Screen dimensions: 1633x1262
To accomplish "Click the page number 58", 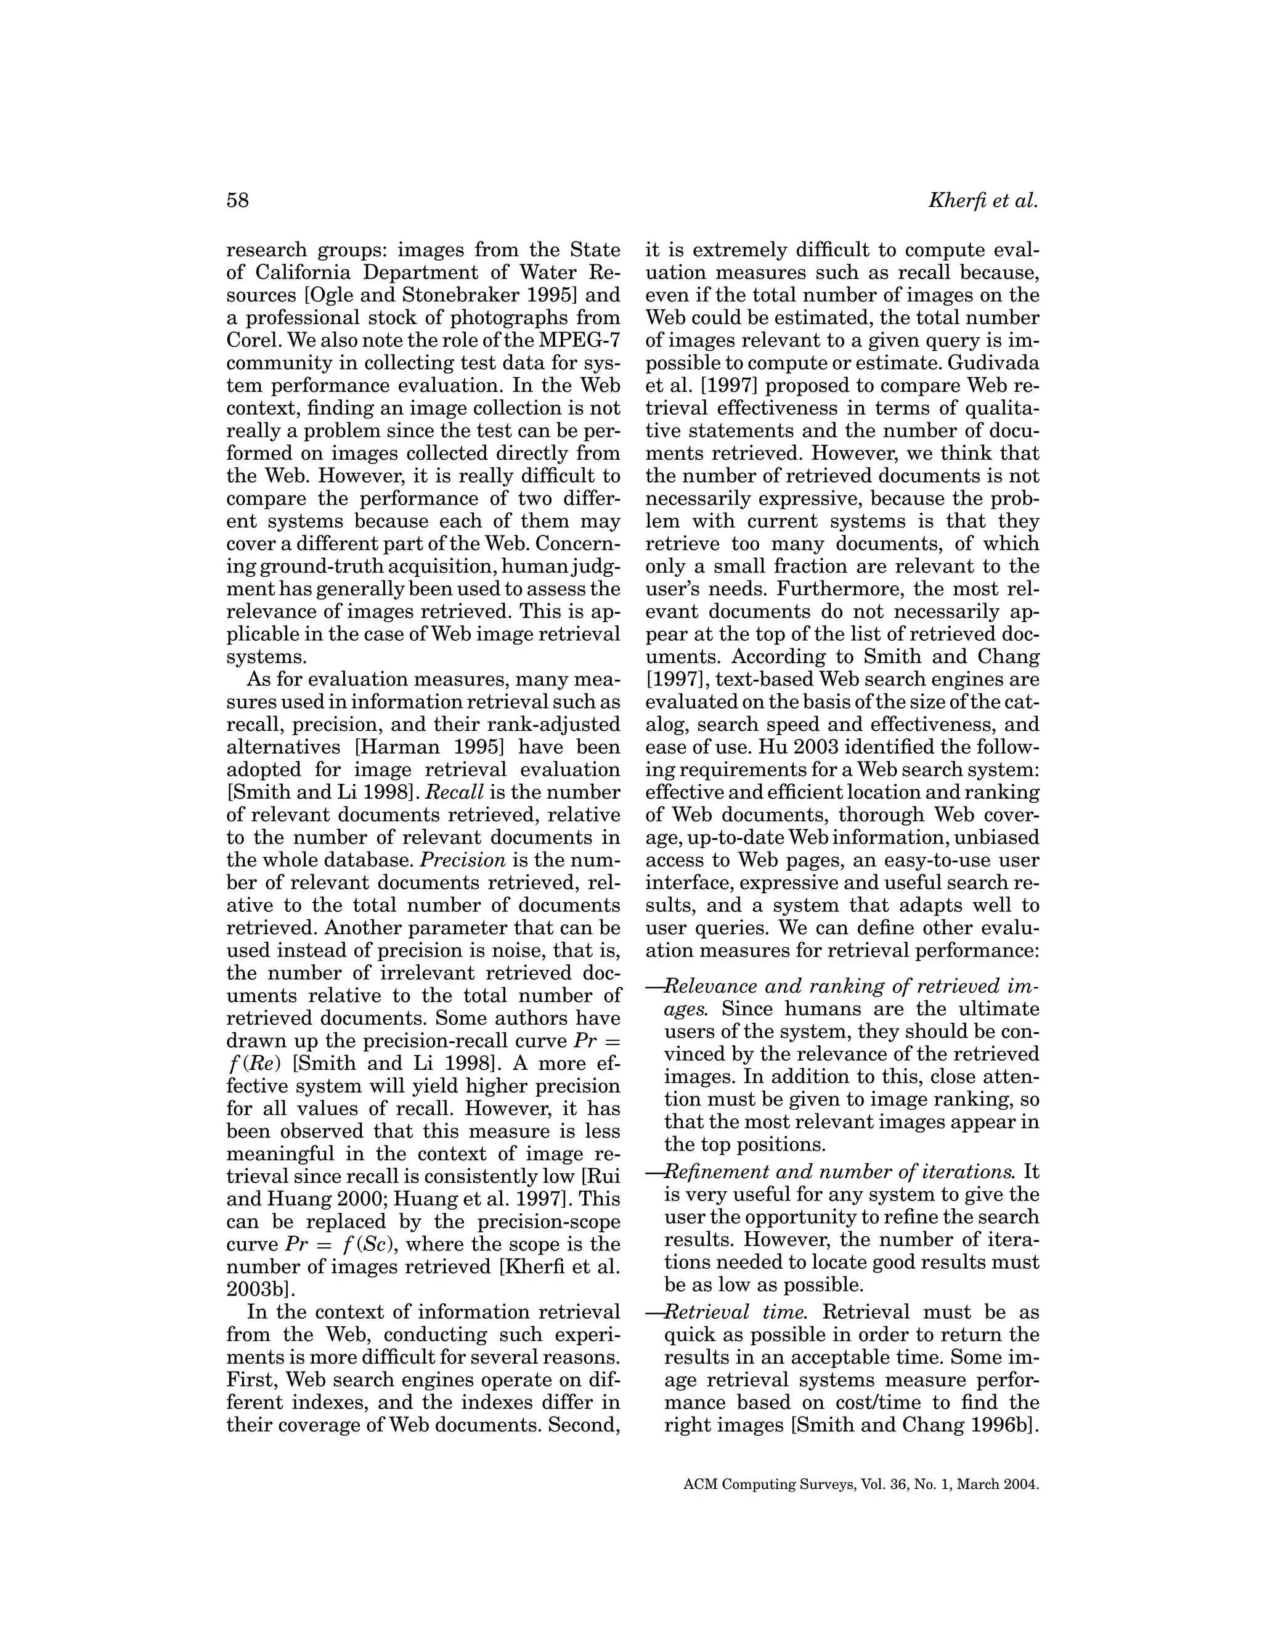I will click(237, 201).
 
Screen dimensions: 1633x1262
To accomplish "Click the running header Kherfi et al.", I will click(982, 201).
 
